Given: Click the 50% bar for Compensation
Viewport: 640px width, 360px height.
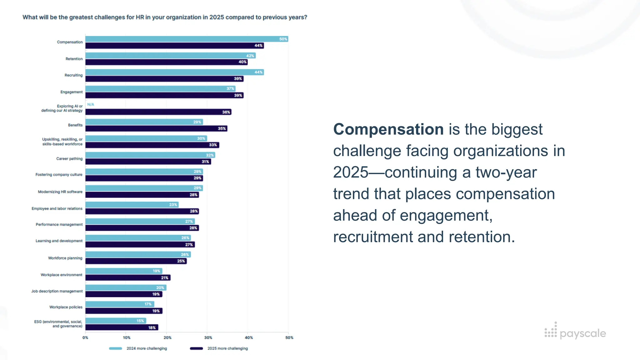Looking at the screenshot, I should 187,39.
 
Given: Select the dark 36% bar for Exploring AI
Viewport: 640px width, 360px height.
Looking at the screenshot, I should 158,112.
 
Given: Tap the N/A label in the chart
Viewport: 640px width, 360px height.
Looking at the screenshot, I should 91,104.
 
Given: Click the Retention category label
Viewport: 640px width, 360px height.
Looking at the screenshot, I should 74,59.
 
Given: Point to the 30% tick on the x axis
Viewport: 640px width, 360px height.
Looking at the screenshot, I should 208,337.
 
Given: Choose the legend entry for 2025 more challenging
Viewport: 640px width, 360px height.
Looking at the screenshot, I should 219,348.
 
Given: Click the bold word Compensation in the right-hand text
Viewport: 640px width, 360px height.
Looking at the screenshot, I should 388,129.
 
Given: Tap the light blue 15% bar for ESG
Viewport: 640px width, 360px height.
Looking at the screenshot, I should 116,321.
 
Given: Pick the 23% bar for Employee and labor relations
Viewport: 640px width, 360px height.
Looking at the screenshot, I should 132,205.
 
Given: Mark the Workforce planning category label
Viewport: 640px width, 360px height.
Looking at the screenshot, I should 65,258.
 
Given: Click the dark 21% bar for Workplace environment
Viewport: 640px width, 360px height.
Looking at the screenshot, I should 128,277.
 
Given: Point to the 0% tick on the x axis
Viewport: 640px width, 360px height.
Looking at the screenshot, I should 85,337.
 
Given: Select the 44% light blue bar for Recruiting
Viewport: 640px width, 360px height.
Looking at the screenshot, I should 174,72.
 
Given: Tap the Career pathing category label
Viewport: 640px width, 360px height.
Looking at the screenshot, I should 69,159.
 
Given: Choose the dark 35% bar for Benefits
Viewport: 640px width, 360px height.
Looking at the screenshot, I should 156,128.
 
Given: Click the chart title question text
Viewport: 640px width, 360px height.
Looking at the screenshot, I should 165,17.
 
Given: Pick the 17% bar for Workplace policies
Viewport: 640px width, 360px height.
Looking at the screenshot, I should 120,304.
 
